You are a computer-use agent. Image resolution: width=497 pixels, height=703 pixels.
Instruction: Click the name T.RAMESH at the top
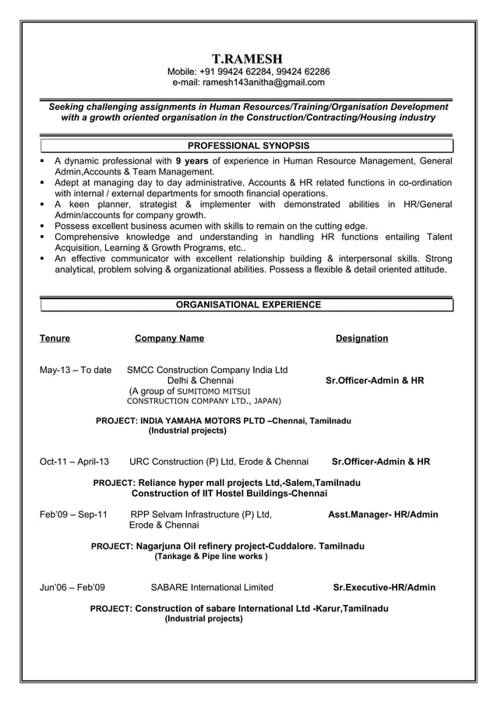coord(248,58)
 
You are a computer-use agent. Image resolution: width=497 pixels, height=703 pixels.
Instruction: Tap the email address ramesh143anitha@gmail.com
coord(263,83)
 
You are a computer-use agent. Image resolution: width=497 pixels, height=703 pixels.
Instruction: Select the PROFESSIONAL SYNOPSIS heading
coord(248,146)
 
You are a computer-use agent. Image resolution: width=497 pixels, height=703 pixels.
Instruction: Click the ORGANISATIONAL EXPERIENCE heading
coord(248,304)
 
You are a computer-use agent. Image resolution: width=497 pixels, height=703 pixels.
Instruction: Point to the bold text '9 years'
coord(192,161)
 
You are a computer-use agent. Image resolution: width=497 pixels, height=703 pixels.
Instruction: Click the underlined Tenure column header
coord(55,339)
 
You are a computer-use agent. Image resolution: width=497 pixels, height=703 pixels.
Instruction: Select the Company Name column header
coord(169,339)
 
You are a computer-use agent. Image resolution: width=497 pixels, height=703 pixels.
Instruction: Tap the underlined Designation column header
coord(361,339)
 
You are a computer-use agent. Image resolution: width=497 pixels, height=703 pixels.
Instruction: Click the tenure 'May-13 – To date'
coord(75,370)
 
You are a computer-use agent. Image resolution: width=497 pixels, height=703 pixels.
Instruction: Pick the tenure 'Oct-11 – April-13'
coord(75,462)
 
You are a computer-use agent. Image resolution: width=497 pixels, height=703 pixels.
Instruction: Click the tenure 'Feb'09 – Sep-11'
coord(73,515)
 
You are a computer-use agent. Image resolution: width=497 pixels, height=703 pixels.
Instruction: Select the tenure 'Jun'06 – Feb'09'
coord(72,588)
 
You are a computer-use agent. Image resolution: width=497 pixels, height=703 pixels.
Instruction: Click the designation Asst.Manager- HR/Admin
coord(382,515)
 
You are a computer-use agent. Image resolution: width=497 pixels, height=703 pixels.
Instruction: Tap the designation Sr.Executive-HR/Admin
coord(384,588)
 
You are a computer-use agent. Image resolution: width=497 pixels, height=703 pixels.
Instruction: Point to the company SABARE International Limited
coord(211,588)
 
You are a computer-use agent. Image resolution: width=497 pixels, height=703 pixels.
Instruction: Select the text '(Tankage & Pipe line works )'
coord(211,557)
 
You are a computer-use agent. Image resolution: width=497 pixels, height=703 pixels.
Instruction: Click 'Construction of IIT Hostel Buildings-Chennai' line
coord(229,494)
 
